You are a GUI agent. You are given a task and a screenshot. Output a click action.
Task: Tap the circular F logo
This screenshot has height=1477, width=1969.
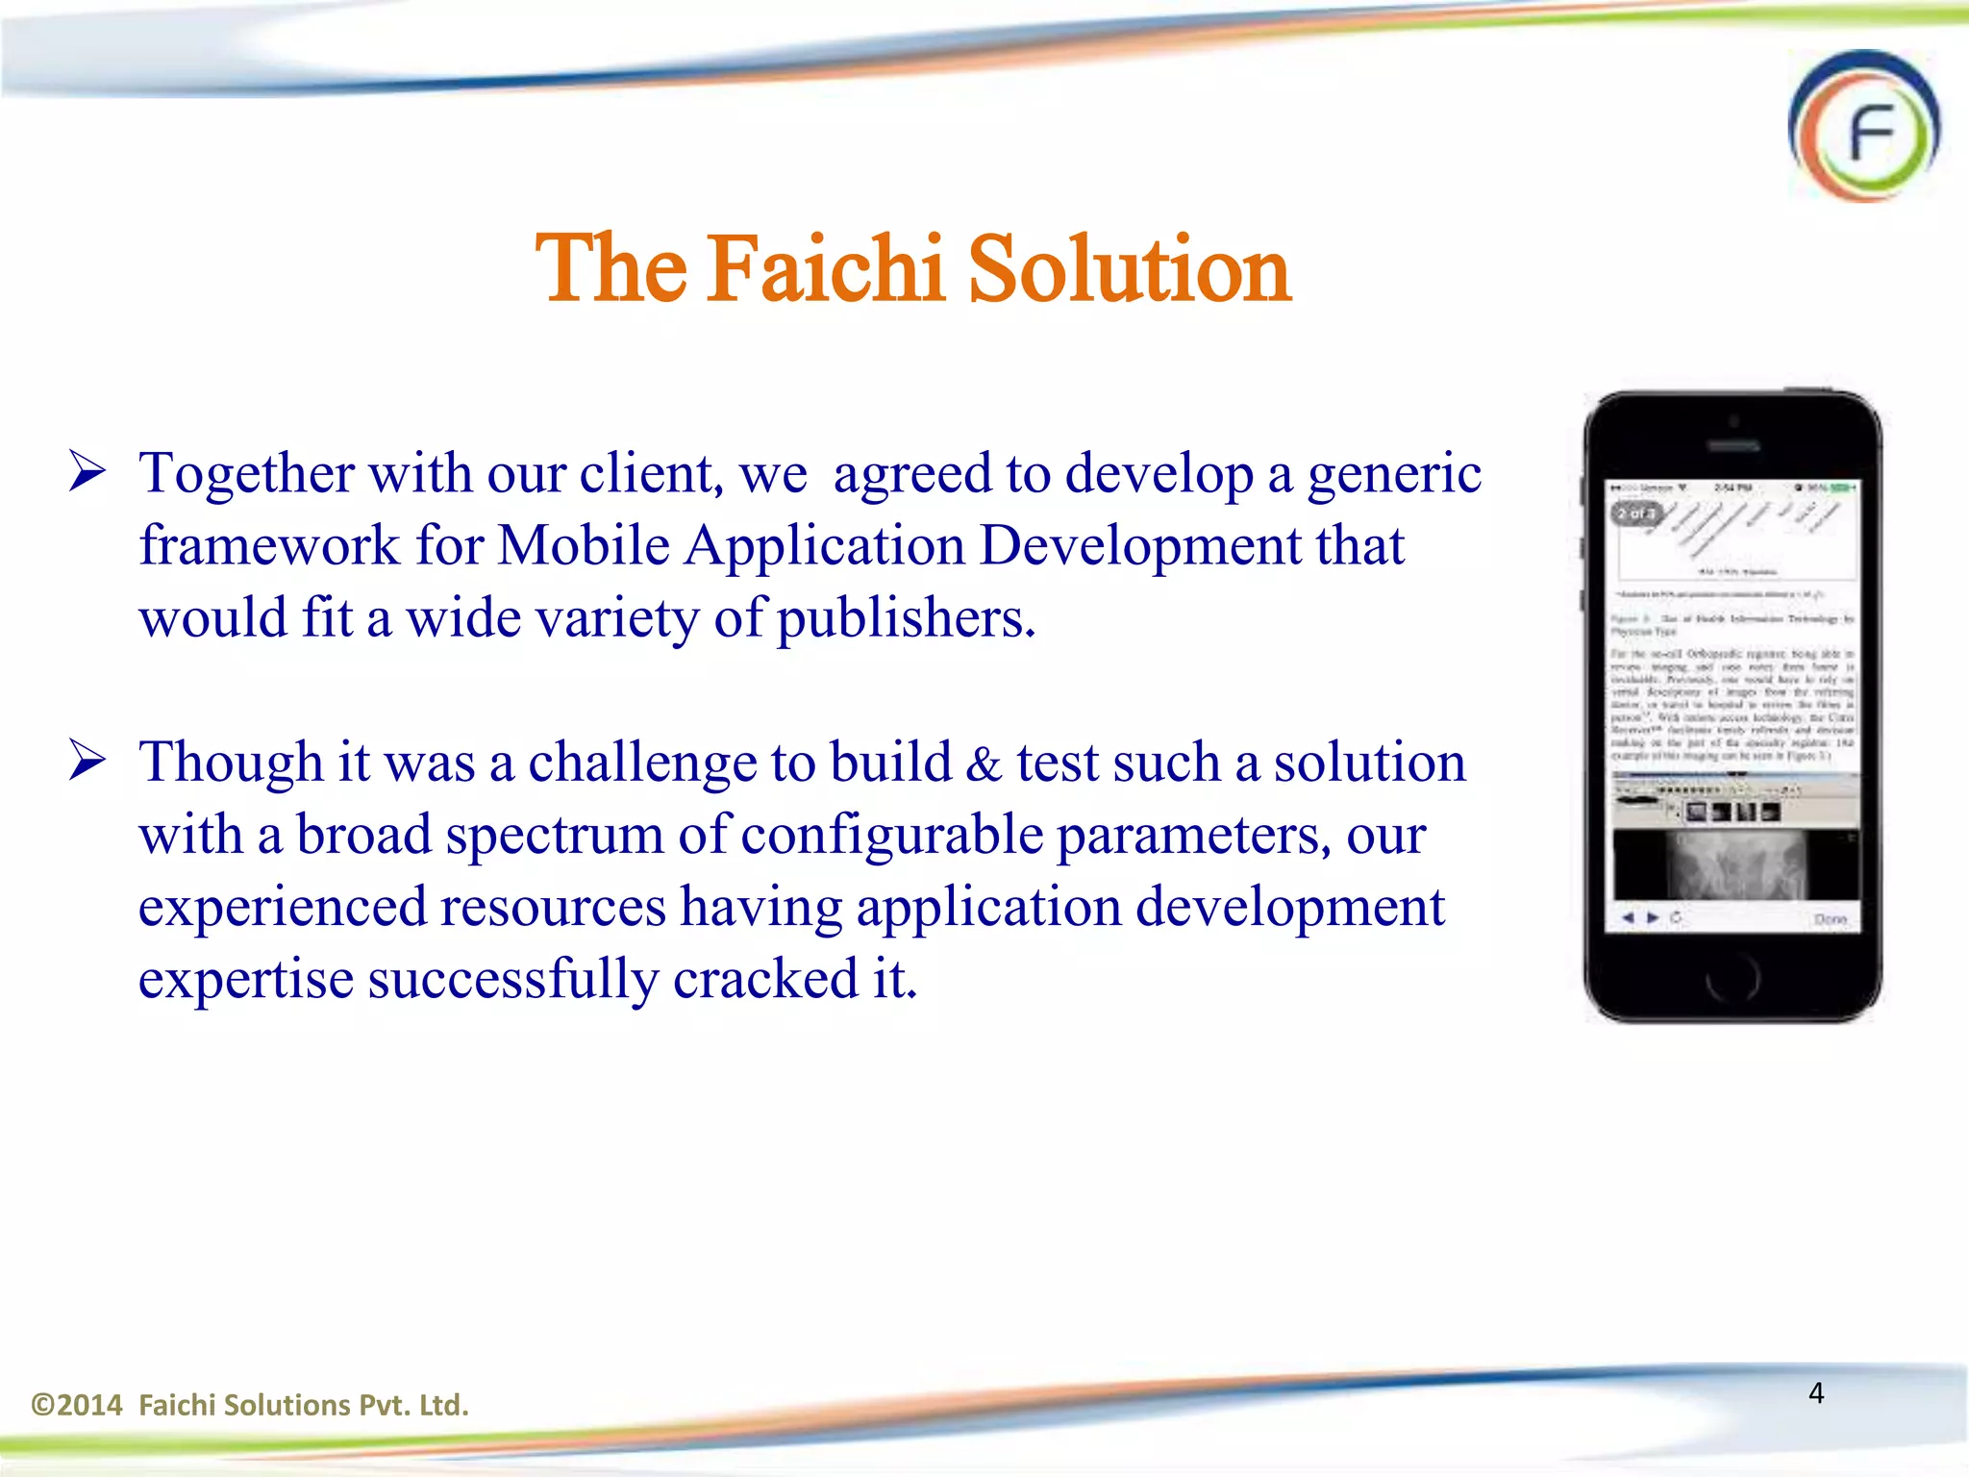(x=1863, y=127)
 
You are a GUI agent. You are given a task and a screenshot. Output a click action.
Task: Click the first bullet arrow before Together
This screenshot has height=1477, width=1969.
(x=87, y=472)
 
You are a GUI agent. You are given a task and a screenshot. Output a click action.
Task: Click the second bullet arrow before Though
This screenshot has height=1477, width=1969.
(x=87, y=762)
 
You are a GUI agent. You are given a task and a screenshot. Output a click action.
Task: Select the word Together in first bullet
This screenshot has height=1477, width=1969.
(x=246, y=474)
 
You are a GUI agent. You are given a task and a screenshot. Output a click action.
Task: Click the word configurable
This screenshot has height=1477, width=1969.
(x=891, y=836)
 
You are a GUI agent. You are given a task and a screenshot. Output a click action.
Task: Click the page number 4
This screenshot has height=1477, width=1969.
(x=1816, y=1392)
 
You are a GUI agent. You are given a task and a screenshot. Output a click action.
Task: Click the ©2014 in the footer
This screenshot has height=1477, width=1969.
(x=77, y=1406)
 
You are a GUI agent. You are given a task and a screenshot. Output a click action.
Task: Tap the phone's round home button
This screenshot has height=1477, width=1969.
(x=1732, y=980)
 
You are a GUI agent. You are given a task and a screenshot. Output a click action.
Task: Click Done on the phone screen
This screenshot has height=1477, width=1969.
(x=1830, y=918)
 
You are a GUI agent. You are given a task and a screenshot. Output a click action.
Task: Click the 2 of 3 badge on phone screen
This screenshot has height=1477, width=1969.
(x=1635, y=513)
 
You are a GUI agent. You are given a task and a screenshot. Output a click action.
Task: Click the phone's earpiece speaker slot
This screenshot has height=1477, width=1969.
(x=1732, y=446)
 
